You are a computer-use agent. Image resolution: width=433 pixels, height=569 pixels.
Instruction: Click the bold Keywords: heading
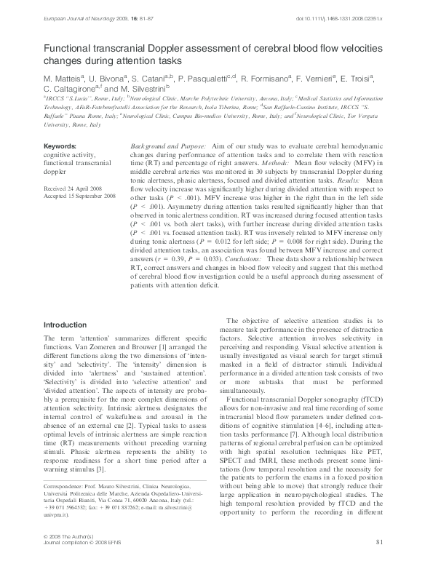tap(60, 146)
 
